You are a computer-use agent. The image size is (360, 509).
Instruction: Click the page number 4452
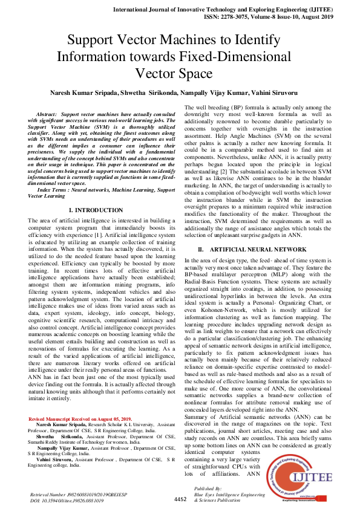pyautogui.click(x=180, y=499)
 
